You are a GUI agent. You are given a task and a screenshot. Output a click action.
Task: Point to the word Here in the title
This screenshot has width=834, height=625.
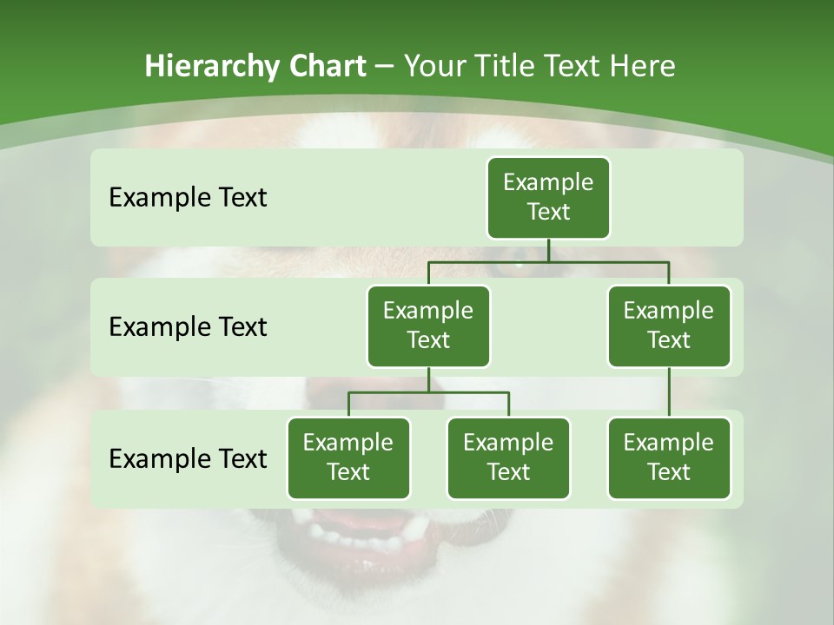point(643,66)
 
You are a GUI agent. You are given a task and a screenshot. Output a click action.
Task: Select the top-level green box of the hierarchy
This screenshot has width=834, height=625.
point(548,198)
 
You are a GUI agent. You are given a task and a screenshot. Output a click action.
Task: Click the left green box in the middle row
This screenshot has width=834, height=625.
point(428,326)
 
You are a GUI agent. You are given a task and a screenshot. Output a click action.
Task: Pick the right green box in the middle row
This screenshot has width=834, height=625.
point(669,326)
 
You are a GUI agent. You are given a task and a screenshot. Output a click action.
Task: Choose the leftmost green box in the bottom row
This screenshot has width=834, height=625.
point(348,457)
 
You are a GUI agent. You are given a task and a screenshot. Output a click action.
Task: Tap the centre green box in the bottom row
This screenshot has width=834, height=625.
point(508,457)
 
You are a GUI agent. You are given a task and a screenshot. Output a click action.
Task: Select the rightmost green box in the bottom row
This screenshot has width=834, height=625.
point(669,457)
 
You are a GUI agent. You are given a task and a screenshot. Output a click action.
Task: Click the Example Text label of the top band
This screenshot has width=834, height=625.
point(188,198)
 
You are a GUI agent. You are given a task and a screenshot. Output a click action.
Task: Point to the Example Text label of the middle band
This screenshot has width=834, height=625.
point(188,327)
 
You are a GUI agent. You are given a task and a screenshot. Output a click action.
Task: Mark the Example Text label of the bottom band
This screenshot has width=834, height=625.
point(188,458)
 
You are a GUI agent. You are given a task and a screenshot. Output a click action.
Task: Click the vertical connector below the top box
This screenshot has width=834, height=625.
point(548,250)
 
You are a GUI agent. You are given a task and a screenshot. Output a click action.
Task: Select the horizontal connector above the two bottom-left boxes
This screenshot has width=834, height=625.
point(428,393)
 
